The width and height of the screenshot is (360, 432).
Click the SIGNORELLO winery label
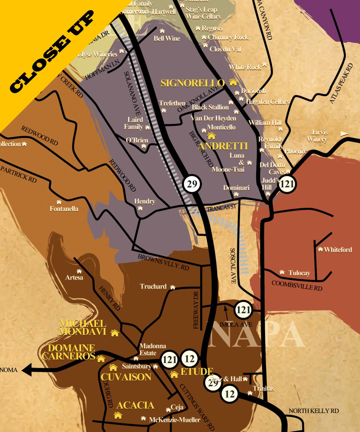click(x=192, y=83)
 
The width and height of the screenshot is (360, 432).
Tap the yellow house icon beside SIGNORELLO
click(x=233, y=82)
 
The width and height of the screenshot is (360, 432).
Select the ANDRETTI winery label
click(x=223, y=146)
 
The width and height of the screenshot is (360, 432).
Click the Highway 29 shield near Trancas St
click(x=192, y=184)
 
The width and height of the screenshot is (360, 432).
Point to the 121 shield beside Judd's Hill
click(x=287, y=184)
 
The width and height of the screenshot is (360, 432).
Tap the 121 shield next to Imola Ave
click(x=243, y=310)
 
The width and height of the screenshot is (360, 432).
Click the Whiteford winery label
click(x=338, y=250)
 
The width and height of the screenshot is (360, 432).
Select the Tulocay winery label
click(x=299, y=273)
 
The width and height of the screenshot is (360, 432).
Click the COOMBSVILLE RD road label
click(x=297, y=285)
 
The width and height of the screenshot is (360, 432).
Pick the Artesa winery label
click(x=74, y=278)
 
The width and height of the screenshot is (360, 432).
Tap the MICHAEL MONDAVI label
click(x=83, y=327)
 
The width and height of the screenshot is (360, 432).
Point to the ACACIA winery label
click(x=135, y=405)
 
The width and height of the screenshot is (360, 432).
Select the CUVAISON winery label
click(x=126, y=377)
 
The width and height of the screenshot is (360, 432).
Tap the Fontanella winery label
click(x=64, y=209)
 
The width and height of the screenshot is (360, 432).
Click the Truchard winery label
click(x=153, y=286)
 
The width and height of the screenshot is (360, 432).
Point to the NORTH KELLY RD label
click(x=314, y=411)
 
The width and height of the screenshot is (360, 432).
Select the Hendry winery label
click(x=145, y=201)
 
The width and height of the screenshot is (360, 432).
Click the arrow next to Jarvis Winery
click(x=343, y=134)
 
